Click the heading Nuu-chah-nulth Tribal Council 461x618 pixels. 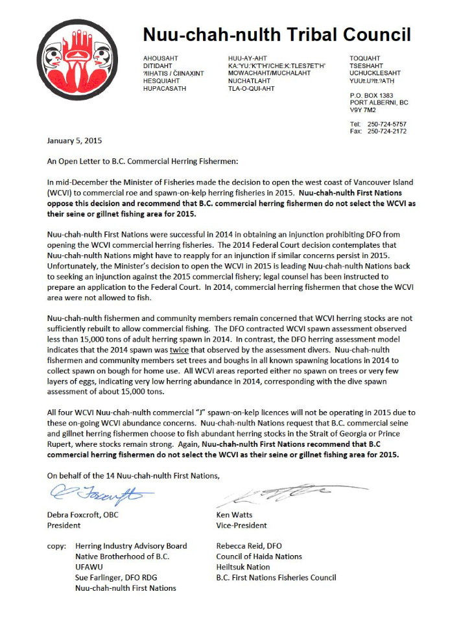pos(276,34)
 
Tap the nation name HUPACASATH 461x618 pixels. pos(165,88)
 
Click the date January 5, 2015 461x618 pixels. pos(75,141)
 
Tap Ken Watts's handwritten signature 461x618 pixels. pos(272,497)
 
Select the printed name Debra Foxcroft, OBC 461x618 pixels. pos(83,515)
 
